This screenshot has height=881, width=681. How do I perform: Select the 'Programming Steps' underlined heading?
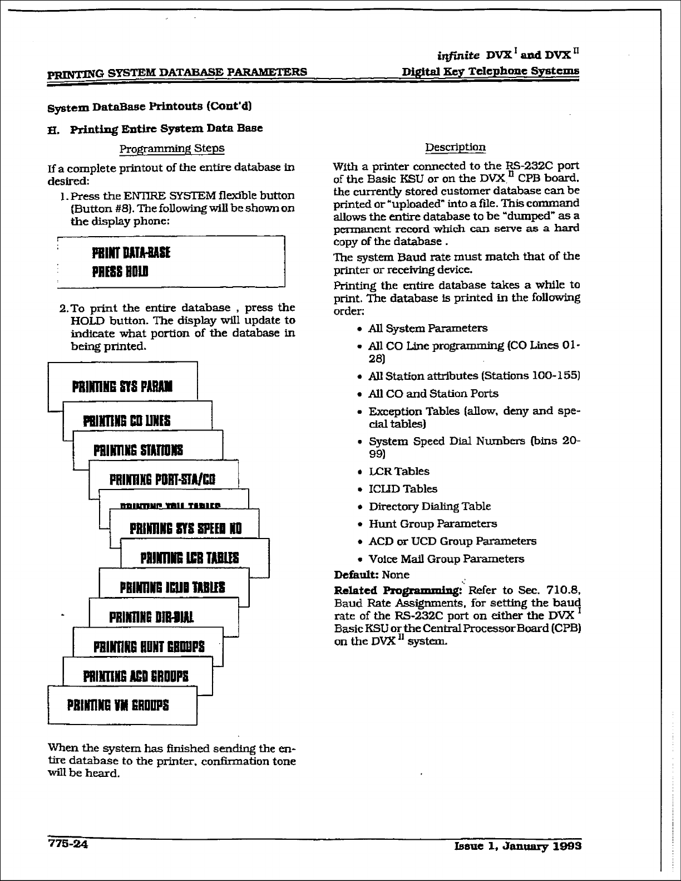(172, 148)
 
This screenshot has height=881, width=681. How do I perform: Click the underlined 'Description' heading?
(455, 147)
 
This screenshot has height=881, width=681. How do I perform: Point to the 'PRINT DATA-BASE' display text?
(131, 253)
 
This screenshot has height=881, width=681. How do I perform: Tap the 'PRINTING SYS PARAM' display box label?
(122, 386)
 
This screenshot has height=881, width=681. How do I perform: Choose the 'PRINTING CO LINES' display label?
(127, 420)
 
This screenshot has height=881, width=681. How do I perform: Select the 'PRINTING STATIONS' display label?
(138, 450)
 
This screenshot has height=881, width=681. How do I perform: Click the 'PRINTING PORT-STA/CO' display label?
(162, 479)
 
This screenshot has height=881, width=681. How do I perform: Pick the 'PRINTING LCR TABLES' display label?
(190, 557)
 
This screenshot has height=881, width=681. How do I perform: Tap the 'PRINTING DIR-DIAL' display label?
(151, 617)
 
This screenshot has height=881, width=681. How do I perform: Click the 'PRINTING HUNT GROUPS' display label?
(149, 647)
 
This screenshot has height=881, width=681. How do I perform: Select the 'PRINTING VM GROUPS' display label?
(118, 705)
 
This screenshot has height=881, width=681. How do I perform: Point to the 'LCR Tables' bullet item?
(399, 471)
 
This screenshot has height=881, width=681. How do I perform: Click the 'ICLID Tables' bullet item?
(403, 489)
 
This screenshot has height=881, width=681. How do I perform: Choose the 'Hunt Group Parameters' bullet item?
(433, 523)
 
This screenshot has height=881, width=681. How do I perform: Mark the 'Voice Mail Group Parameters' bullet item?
(446, 559)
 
